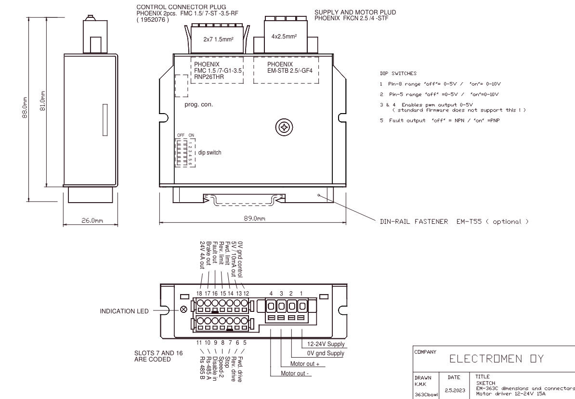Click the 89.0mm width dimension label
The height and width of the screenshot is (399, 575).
tap(254, 219)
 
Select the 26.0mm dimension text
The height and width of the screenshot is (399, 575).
tap(92, 220)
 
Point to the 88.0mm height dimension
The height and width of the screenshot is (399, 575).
tap(25, 107)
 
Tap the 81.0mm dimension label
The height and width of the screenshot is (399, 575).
tap(42, 101)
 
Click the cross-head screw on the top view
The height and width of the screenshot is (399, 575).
tap(284, 128)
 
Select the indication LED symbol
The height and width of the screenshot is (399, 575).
tap(184, 309)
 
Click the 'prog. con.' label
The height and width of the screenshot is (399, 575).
tap(199, 104)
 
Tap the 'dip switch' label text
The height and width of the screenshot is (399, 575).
tap(210, 153)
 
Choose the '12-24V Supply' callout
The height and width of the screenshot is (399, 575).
tap(326, 344)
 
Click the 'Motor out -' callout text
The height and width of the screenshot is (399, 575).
tap(295, 373)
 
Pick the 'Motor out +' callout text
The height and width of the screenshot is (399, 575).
tap(305, 364)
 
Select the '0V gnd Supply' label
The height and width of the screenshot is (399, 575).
tap(326, 353)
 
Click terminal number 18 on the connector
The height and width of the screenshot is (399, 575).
tap(199, 294)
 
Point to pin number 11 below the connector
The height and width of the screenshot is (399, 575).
tap(199, 343)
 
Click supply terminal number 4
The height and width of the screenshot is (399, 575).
tap(271, 294)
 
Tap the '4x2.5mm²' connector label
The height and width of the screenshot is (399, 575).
tap(284, 37)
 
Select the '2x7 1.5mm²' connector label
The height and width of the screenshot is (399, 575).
tap(218, 39)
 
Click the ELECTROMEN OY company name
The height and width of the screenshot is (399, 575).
tap(497, 359)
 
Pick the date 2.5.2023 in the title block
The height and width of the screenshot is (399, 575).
tap(454, 390)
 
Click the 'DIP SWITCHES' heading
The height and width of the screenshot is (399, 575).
tap(398, 73)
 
